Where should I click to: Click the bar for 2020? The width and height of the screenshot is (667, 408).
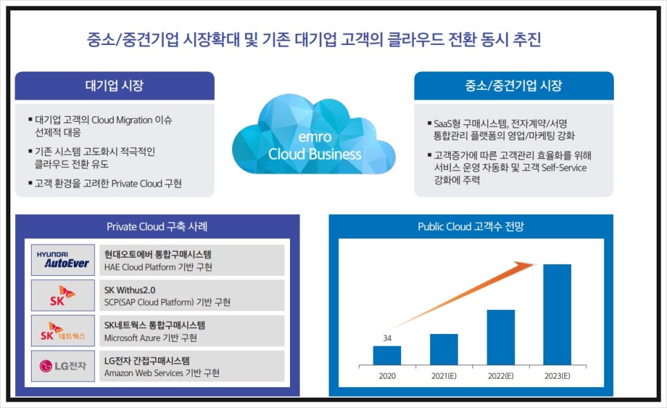pyautogui.click(x=387, y=355)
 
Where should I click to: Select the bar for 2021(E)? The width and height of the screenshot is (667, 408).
pyautogui.click(x=444, y=349)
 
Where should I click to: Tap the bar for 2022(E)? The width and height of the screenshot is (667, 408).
pyautogui.click(x=501, y=337)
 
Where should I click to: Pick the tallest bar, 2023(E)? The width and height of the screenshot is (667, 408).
pyautogui.click(x=557, y=315)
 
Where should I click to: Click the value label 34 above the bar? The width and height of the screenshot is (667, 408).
pyautogui.click(x=387, y=338)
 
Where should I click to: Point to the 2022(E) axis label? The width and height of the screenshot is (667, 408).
pyautogui.click(x=501, y=376)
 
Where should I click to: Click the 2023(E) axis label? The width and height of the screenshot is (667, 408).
pyautogui.click(x=557, y=376)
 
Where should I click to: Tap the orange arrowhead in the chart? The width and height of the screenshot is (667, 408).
pyautogui.click(x=525, y=266)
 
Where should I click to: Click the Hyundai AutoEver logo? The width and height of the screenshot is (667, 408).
pyautogui.click(x=63, y=260)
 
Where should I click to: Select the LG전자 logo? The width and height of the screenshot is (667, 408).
pyautogui.click(x=63, y=366)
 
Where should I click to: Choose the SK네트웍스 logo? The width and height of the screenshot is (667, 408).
pyautogui.click(x=63, y=331)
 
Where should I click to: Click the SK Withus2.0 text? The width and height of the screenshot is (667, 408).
pyautogui.click(x=130, y=290)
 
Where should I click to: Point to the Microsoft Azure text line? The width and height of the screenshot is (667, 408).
pyautogui.click(x=151, y=337)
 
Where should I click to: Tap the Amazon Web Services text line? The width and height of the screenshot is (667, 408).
pyautogui.click(x=162, y=373)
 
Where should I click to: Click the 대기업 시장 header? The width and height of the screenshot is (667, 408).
pyautogui.click(x=115, y=86)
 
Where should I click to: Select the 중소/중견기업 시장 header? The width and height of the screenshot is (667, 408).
pyautogui.click(x=514, y=86)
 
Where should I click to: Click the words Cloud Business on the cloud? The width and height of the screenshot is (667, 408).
pyautogui.click(x=315, y=154)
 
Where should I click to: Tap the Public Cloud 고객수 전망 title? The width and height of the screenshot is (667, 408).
pyautogui.click(x=471, y=227)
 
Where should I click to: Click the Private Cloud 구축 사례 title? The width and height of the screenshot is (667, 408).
pyautogui.click(x=157, y=227)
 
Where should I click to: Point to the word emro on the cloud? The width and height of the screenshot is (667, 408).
pyautogui.click(x=315, y=137)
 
